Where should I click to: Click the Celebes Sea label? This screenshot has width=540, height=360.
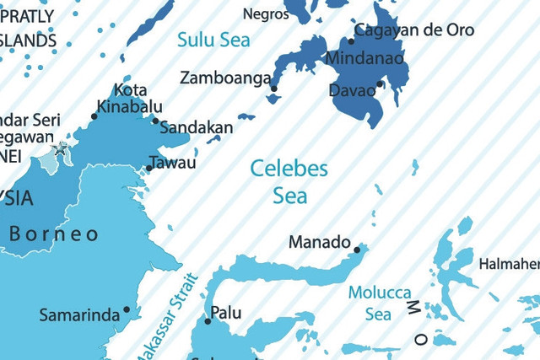pyautogui.click(x=289, y=182)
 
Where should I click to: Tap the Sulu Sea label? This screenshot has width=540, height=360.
pyautogui.click(x=213, y=40)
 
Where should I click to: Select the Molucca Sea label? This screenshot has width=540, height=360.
pyautogui.click(x=379, y=304)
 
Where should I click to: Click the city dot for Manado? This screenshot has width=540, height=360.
pyautogui.click(x=357, y=250)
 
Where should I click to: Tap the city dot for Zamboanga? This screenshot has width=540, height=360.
pyautogui.click(x=274, y=88)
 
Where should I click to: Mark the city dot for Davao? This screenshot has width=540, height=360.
pyautogui.click(x=381, y=84)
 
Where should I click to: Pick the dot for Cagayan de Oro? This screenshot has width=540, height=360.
pyautogui.click(x=351, y=40)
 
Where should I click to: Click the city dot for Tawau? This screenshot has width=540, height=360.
pyautogui.click(x=149, y=168)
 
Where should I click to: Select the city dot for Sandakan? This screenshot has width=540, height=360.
pyautogui.click(x=156, y=121)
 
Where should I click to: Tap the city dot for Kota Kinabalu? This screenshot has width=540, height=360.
pyautogui.click(x=94, y=116)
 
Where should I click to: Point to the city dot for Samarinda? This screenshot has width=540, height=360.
pyautogui.click(x=127, y=309)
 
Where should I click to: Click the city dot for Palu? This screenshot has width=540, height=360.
pyautogui.click(x=208, y=320)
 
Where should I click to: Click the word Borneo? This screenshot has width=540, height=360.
pyautogui.click(x=54, y=234)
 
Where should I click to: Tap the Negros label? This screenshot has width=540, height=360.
pyautogui.click(x=266, y=13)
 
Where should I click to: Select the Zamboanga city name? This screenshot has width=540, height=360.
pyautogui.click(x=226, y=78)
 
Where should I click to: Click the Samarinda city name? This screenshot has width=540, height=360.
pyautogui.click(x=79, y=315)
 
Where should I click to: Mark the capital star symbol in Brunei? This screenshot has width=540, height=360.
pyautogui.click(x=60, y=150)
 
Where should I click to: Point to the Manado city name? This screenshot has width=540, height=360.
pyautogui.click(x=319, y=243)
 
